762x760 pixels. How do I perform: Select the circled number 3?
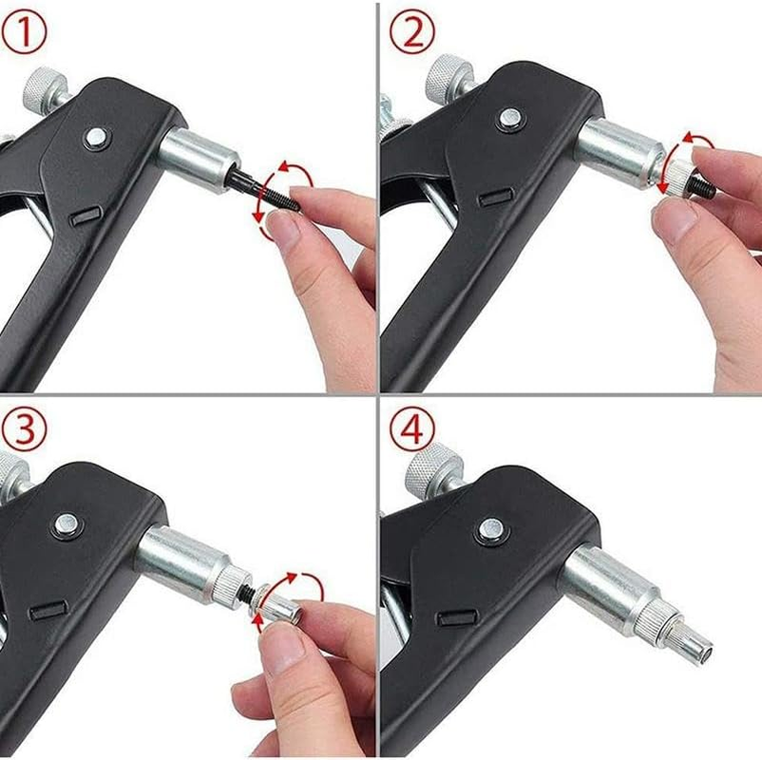pos(26,429)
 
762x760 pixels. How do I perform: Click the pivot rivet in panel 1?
pos(96,138)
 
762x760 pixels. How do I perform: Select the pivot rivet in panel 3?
pos(66,522)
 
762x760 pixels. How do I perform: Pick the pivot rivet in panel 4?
pos(489,529)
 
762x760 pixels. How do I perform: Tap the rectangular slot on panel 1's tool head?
pos(86,217)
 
